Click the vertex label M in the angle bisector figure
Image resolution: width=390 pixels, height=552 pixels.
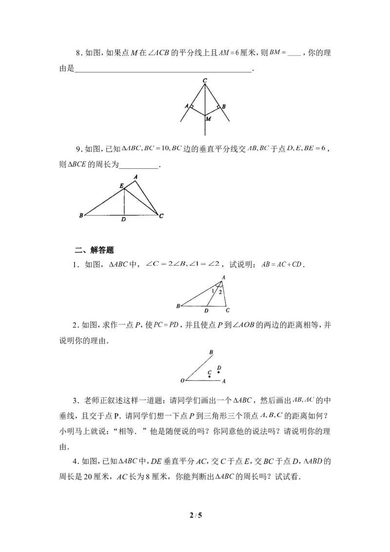(x=208, y=118)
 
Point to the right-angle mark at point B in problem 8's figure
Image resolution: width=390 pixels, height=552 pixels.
(x=218, y=106)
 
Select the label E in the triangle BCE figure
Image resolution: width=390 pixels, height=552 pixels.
(x=121, y=185)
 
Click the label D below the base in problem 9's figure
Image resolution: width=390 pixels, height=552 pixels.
(x=123, y=219)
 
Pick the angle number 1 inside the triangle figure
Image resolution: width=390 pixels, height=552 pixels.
(x=213, y=291)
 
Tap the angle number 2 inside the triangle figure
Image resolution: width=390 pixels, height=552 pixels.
(x=220, y=292)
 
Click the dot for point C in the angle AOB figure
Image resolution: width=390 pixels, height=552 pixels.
(x=210, y=377)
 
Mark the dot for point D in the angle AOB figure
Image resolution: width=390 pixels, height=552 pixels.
(x=219, y=373)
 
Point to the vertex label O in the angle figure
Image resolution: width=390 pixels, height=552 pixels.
(x=182, y=380)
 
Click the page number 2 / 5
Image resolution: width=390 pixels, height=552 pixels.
(x=195, y=516)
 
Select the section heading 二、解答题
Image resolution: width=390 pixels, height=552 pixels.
(x=95, y=250)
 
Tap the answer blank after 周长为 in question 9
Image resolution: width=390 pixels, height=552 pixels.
(x=139, y=165)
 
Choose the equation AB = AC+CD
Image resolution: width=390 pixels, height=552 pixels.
(x=282, y=264)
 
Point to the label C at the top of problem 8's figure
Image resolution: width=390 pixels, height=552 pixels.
(x=205, y=81)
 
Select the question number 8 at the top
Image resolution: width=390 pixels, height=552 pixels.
(x=78, y=53)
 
